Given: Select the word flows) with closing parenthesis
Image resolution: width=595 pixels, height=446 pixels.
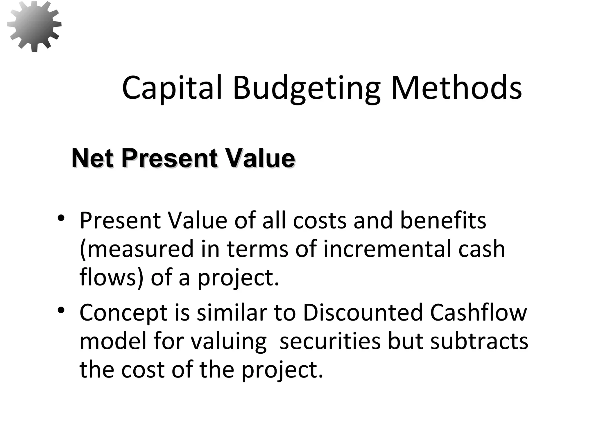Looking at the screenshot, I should pos(111,277).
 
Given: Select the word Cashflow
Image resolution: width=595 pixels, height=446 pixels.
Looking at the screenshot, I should pos(478,312).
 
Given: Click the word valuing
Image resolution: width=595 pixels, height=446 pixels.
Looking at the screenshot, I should pos(228,341).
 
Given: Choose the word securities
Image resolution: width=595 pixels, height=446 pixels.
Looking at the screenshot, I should pos(330,341).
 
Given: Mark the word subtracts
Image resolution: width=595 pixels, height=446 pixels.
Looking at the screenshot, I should pos(479,341).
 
